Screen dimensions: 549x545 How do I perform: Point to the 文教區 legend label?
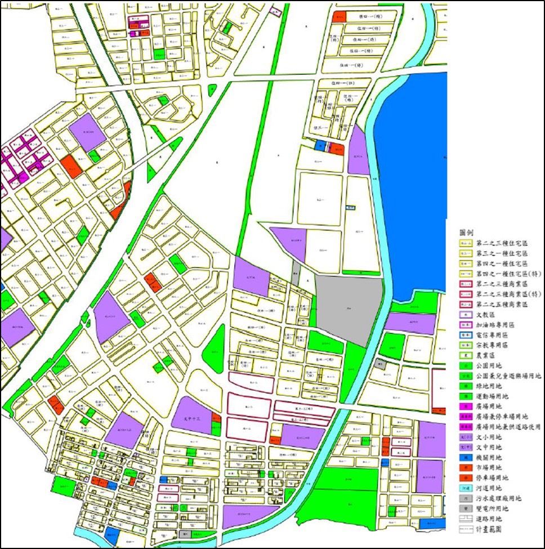click(485, 315)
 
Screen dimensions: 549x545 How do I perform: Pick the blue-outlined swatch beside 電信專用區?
click(465, 335)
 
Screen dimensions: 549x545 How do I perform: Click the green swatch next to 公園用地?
click(465, 365)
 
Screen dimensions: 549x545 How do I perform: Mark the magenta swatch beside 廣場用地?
click(465, 407)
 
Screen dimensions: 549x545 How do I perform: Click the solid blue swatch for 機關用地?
click(465, 457)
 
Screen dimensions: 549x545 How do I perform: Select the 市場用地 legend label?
click(489, 467)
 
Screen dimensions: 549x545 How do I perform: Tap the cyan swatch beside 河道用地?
click(465, 488)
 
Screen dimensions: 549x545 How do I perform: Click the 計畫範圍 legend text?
click(489, 529)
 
